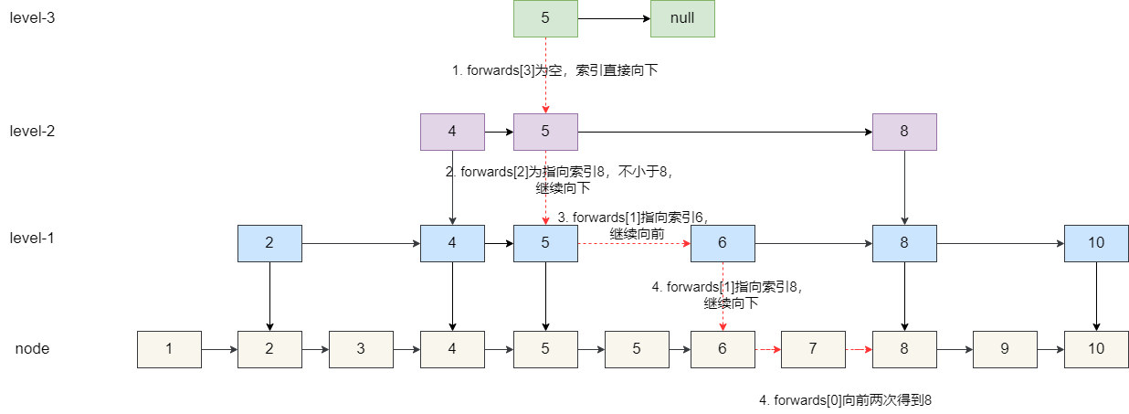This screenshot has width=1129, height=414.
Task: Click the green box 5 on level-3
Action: tap(545, 18)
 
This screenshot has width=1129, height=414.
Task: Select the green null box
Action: tap(681, 18)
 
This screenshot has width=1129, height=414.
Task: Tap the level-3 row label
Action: tap(33, 17)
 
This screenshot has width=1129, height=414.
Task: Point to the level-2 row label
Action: tap(33, 131)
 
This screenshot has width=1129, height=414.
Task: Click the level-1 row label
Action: tap(33, 238)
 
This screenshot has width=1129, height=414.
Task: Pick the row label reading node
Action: tap(32, 349)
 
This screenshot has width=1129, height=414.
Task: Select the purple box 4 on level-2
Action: tap(452, 132)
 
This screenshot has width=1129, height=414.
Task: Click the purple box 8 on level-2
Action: tap(904, 132)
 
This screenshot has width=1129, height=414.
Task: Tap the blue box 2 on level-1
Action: tap(269, 243)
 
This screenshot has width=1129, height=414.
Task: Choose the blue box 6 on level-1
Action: tap(723, 243)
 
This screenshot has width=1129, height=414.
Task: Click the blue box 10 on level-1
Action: tap(1096, 243)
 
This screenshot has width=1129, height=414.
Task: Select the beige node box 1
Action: tap(169, 349)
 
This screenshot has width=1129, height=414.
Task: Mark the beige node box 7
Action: tap(813, 349)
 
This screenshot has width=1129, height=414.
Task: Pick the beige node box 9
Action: tap(1005, 349)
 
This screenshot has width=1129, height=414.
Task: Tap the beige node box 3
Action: tap(361, 349)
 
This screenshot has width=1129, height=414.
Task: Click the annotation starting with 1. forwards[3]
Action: tap(555, 70)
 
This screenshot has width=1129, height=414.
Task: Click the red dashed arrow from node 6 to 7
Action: tap(767, 349)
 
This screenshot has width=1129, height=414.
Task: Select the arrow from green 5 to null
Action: tap(613, 18)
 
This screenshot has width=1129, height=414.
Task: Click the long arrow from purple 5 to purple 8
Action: tap(724, 132)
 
